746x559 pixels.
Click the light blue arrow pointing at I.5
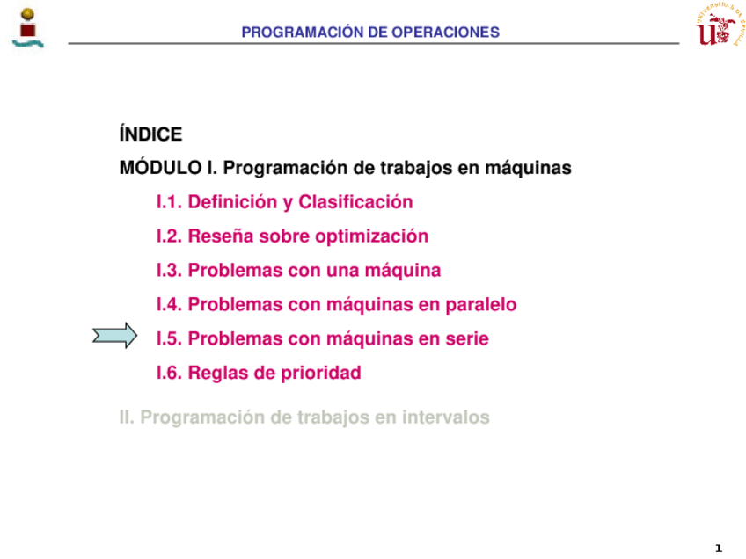coord(115,336)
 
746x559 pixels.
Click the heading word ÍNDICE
coord(150,134)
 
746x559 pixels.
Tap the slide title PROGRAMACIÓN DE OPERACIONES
coord(370,32)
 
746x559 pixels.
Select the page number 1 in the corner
coord(719,548)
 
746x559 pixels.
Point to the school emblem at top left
coord(28,28)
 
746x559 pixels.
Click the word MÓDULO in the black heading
coord(161,167)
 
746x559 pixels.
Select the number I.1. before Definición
coord(170,202)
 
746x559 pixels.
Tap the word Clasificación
coord(355,202)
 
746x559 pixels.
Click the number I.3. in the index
coord(170,271)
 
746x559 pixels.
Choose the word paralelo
coord(481,305)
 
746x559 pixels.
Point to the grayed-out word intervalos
coord(446,417)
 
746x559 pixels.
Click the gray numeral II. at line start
coord(127,417)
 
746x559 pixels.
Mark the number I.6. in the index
coord(170,374)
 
